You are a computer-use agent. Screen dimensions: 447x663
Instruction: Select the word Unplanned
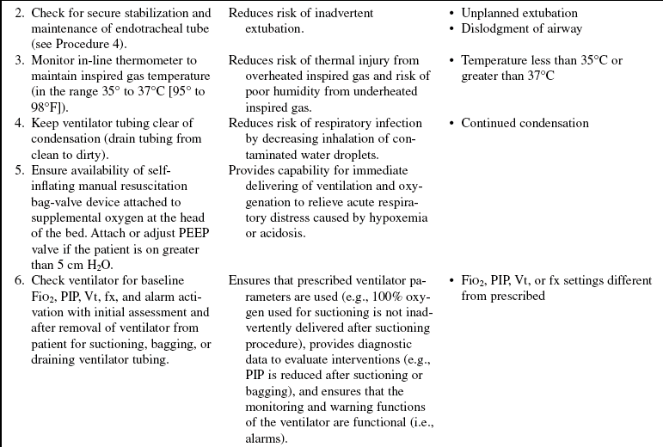pos(488,13)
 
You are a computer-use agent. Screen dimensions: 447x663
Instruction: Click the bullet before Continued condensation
pos(453,123)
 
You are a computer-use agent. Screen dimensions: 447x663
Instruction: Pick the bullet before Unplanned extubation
pos(453,13)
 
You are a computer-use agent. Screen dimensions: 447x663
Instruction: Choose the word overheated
pos(264,76)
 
